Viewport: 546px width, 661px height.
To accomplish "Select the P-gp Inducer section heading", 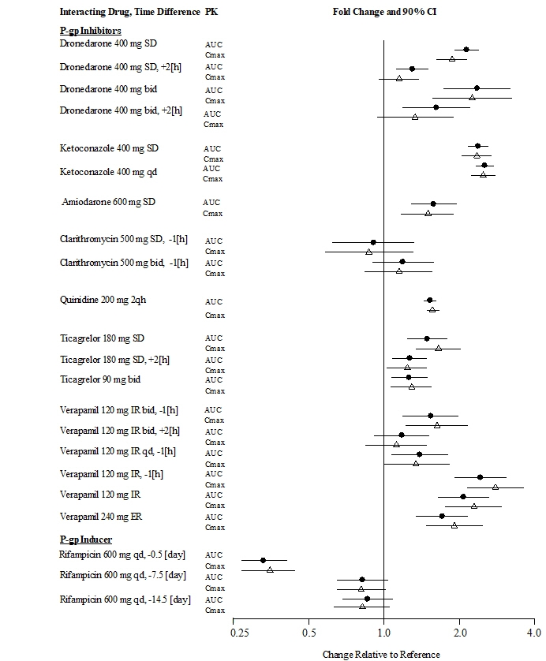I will click(x=86, y=540).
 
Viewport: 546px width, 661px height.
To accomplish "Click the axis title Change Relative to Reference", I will click(x=381, y=654).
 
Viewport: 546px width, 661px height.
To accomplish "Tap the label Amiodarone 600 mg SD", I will click(x=109, y=202).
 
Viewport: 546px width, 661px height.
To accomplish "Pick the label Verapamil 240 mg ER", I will click(x=102, y=517).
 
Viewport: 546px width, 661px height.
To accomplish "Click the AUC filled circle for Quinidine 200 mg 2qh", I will click(x=429, y=300).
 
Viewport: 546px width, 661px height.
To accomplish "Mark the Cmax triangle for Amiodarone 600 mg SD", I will click(x=428, y=213).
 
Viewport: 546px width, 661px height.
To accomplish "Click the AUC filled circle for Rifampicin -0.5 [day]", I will click(x=263, y=560).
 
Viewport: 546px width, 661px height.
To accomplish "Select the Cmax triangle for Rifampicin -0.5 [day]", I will click(x=270, y=570).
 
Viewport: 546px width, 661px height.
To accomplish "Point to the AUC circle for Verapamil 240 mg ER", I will click(x=442, y=516).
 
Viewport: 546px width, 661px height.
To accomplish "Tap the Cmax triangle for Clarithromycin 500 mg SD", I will click(x=368, y=252).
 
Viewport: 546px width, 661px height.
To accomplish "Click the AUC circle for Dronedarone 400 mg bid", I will click(x=477, y=88).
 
